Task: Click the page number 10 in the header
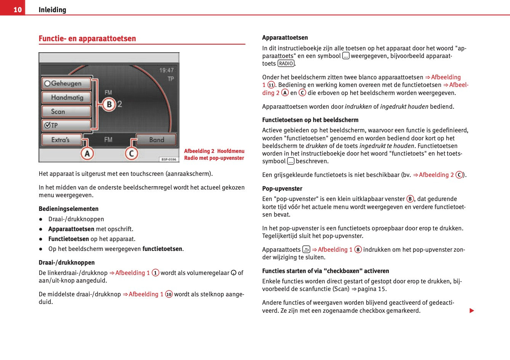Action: click(x=18, y=10)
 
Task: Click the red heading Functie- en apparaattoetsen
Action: click(x=87, y=39)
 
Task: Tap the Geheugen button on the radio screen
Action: click(x=66, y=83)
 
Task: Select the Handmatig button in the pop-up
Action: click(x=66, y=98)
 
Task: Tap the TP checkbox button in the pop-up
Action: click(x=66, y=125)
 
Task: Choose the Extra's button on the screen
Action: click(x=61, y=140)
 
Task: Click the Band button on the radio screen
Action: click(x=156, y=140)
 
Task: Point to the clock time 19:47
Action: click(x=166, y=70)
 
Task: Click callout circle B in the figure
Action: click(x=109, y=104)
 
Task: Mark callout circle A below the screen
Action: click(x=87, y=154)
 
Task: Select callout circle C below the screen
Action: click(x=132, y=154)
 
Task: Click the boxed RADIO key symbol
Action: click(x=286, y=64)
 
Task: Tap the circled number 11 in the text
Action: click(x=271, y=85)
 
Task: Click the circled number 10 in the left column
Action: click(x=169, y=294)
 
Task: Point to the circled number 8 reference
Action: click(x=358, y=250)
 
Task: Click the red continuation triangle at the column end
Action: click(x=472, y=311)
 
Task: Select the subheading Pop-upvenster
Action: click(x=282, y=188)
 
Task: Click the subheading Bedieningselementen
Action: click(x=69, y=209)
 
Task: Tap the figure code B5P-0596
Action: click(x=169, y=159)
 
